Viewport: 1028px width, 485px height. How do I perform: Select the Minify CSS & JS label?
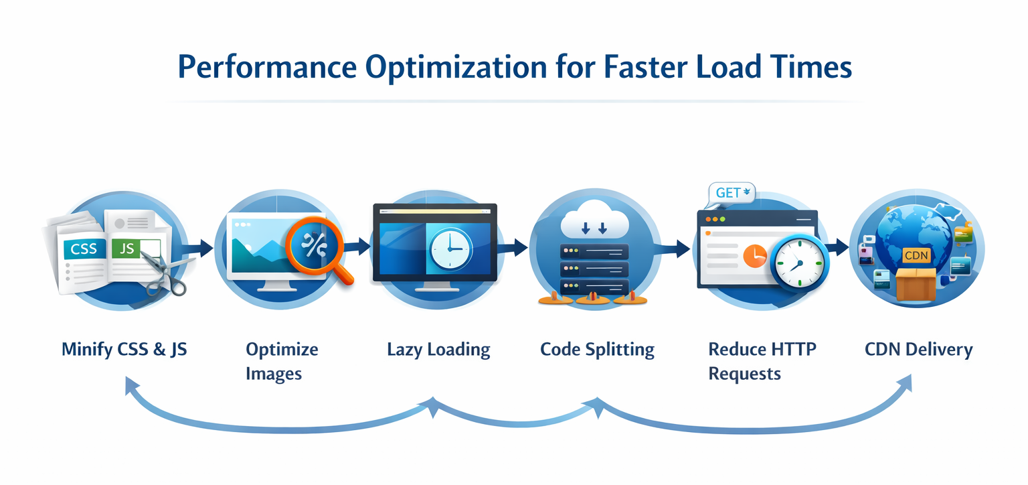124,349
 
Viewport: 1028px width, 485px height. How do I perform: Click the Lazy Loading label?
438,349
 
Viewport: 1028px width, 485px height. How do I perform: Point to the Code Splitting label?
597,349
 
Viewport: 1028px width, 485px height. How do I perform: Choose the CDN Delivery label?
918,349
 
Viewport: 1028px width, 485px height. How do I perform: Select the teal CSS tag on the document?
84,249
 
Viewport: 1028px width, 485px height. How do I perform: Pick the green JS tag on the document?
127,249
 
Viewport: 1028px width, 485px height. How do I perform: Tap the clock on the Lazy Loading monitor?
449,249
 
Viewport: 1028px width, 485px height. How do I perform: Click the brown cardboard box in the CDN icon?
915,284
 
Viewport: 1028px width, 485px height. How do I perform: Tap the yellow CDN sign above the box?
916,255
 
